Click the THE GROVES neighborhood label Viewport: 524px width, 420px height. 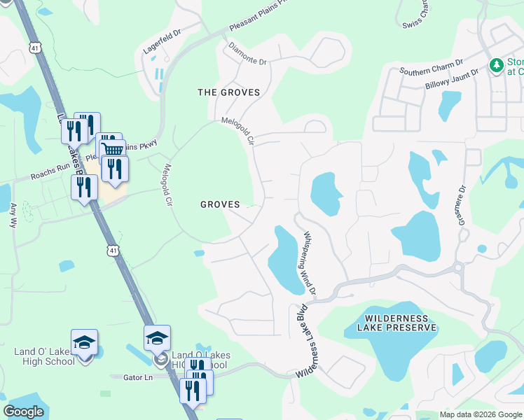228,92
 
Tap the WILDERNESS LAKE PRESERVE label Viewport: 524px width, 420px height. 397,323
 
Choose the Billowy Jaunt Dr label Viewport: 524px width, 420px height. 451,78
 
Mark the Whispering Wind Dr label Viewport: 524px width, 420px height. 308,262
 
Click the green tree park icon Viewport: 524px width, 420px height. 497,65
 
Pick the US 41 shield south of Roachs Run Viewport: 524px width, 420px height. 113,250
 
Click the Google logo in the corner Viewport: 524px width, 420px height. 24,412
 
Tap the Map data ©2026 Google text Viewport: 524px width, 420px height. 480,414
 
